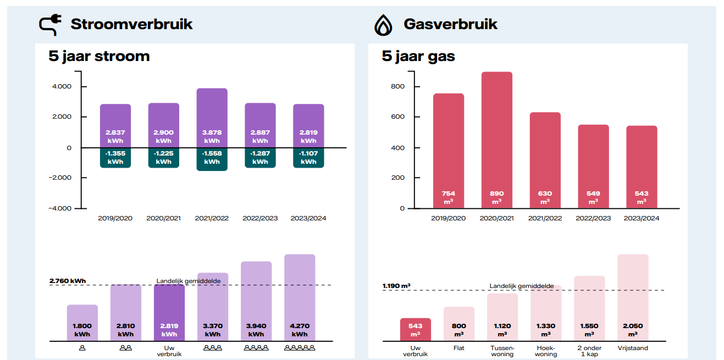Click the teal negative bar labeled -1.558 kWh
coord(212,159)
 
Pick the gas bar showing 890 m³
coord(496,137)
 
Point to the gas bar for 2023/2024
coord(642,165)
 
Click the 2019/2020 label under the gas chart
coord(449,218)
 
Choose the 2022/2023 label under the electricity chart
coord(260,218)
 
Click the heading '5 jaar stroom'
coord(99,56)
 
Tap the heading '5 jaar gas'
coord(418,56)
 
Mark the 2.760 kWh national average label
coord(68,281)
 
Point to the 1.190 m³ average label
coord(396,286)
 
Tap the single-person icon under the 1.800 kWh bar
coord(82,348)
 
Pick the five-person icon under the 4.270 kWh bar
coord(300,348)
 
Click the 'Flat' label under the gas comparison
coord(458,348)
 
